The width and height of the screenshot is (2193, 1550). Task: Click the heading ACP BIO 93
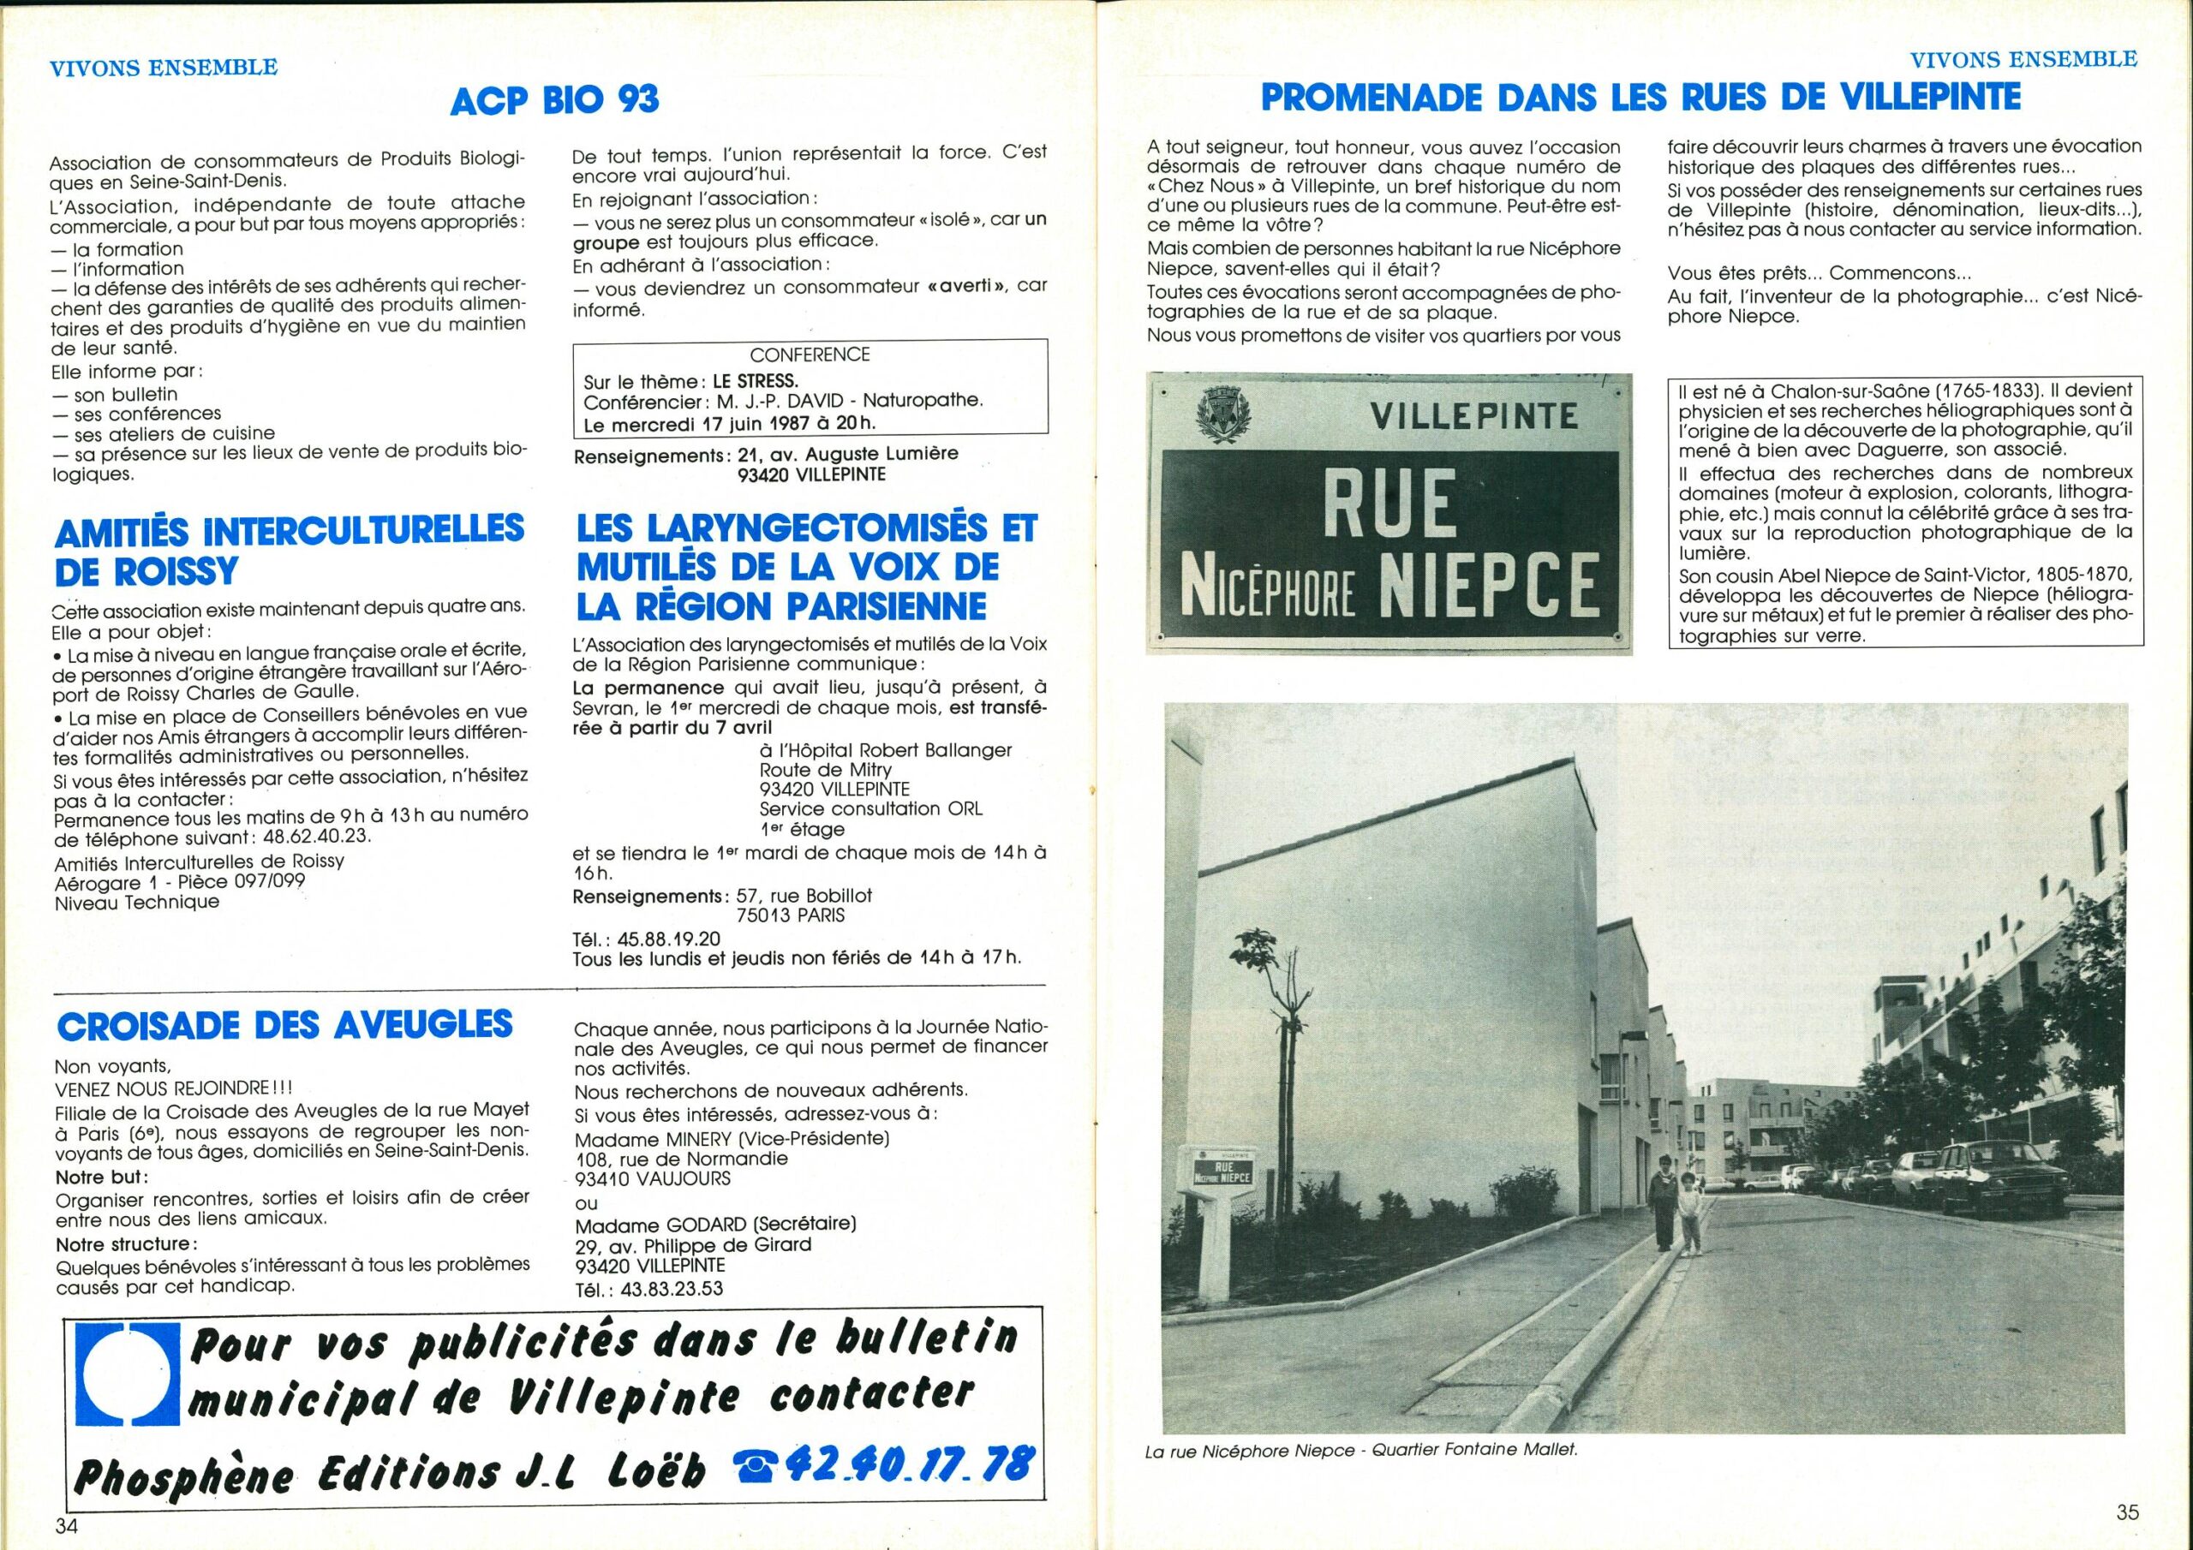pos(554,98)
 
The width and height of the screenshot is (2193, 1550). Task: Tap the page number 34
pos(66,1525)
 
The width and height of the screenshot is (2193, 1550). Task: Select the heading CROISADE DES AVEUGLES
pos(284,1025)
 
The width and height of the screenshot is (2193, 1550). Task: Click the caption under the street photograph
pos(1361,1451)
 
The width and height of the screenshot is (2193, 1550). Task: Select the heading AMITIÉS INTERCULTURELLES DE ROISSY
pos(289,549)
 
